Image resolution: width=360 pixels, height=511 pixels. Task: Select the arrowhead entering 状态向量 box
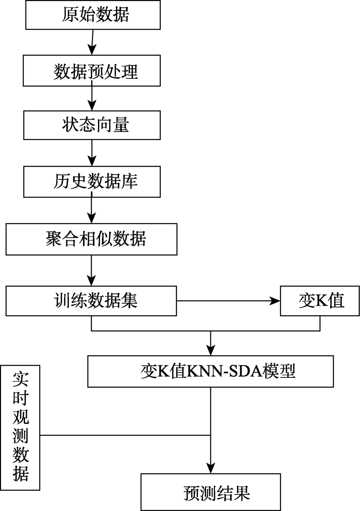tap(92, 106)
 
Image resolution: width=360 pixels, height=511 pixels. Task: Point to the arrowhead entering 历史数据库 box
tap(92, 161)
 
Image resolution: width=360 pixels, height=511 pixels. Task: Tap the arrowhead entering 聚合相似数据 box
tap(91, 218)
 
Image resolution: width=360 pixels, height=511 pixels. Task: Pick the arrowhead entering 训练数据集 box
tap(91, 281)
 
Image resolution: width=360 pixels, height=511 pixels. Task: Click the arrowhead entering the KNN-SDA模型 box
tap(211, 350)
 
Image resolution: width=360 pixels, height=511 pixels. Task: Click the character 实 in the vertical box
tap(21, 380)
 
